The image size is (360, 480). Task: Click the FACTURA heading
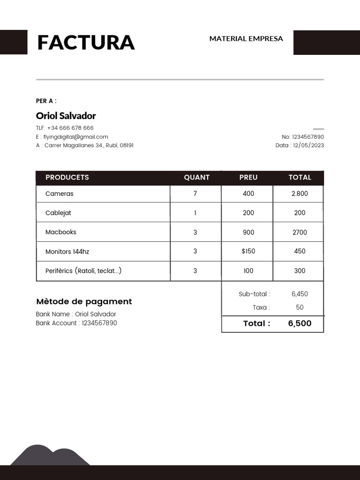pyautogui.click(x=86, y=43)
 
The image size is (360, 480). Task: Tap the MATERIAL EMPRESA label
pyautogui.click(x=246, y=38)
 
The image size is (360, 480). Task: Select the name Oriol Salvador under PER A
pyautogui.click(x=66, y=116)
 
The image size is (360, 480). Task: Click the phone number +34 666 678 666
pyautogui.click(x=70, y=128)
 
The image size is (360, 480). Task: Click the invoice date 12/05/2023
pyautogui.click(x=308, y=145)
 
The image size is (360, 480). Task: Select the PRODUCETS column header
pyautogui.click(x=67, y=177)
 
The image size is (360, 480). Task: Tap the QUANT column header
pyautogui.click(x=197, y=177)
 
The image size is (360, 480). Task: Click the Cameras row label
pyautogui.click(x=60, y=194)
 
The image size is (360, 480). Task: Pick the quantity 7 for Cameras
pyautogui.click(x=195, y=194)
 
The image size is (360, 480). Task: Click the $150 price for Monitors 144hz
pyautogui.click(x=248, y=251)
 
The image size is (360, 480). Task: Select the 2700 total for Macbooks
pyautogui.click(x=300, y=232)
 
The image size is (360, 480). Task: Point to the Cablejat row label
pyautogui.click(x=58, y=213)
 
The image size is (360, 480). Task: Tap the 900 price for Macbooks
pyautogui.click(x=248, y=232)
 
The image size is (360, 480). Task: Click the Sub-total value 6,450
pyautogui.click(x=300, y=294)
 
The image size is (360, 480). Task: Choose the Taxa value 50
pyautogui.click(x=300, y=307)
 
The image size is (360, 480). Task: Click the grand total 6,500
pyautogui.click(x=300, y=323)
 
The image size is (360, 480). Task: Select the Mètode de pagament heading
pyautogui.click(x=84, y=301)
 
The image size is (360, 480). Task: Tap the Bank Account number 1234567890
pyautogui.click(x=99, y=323)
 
